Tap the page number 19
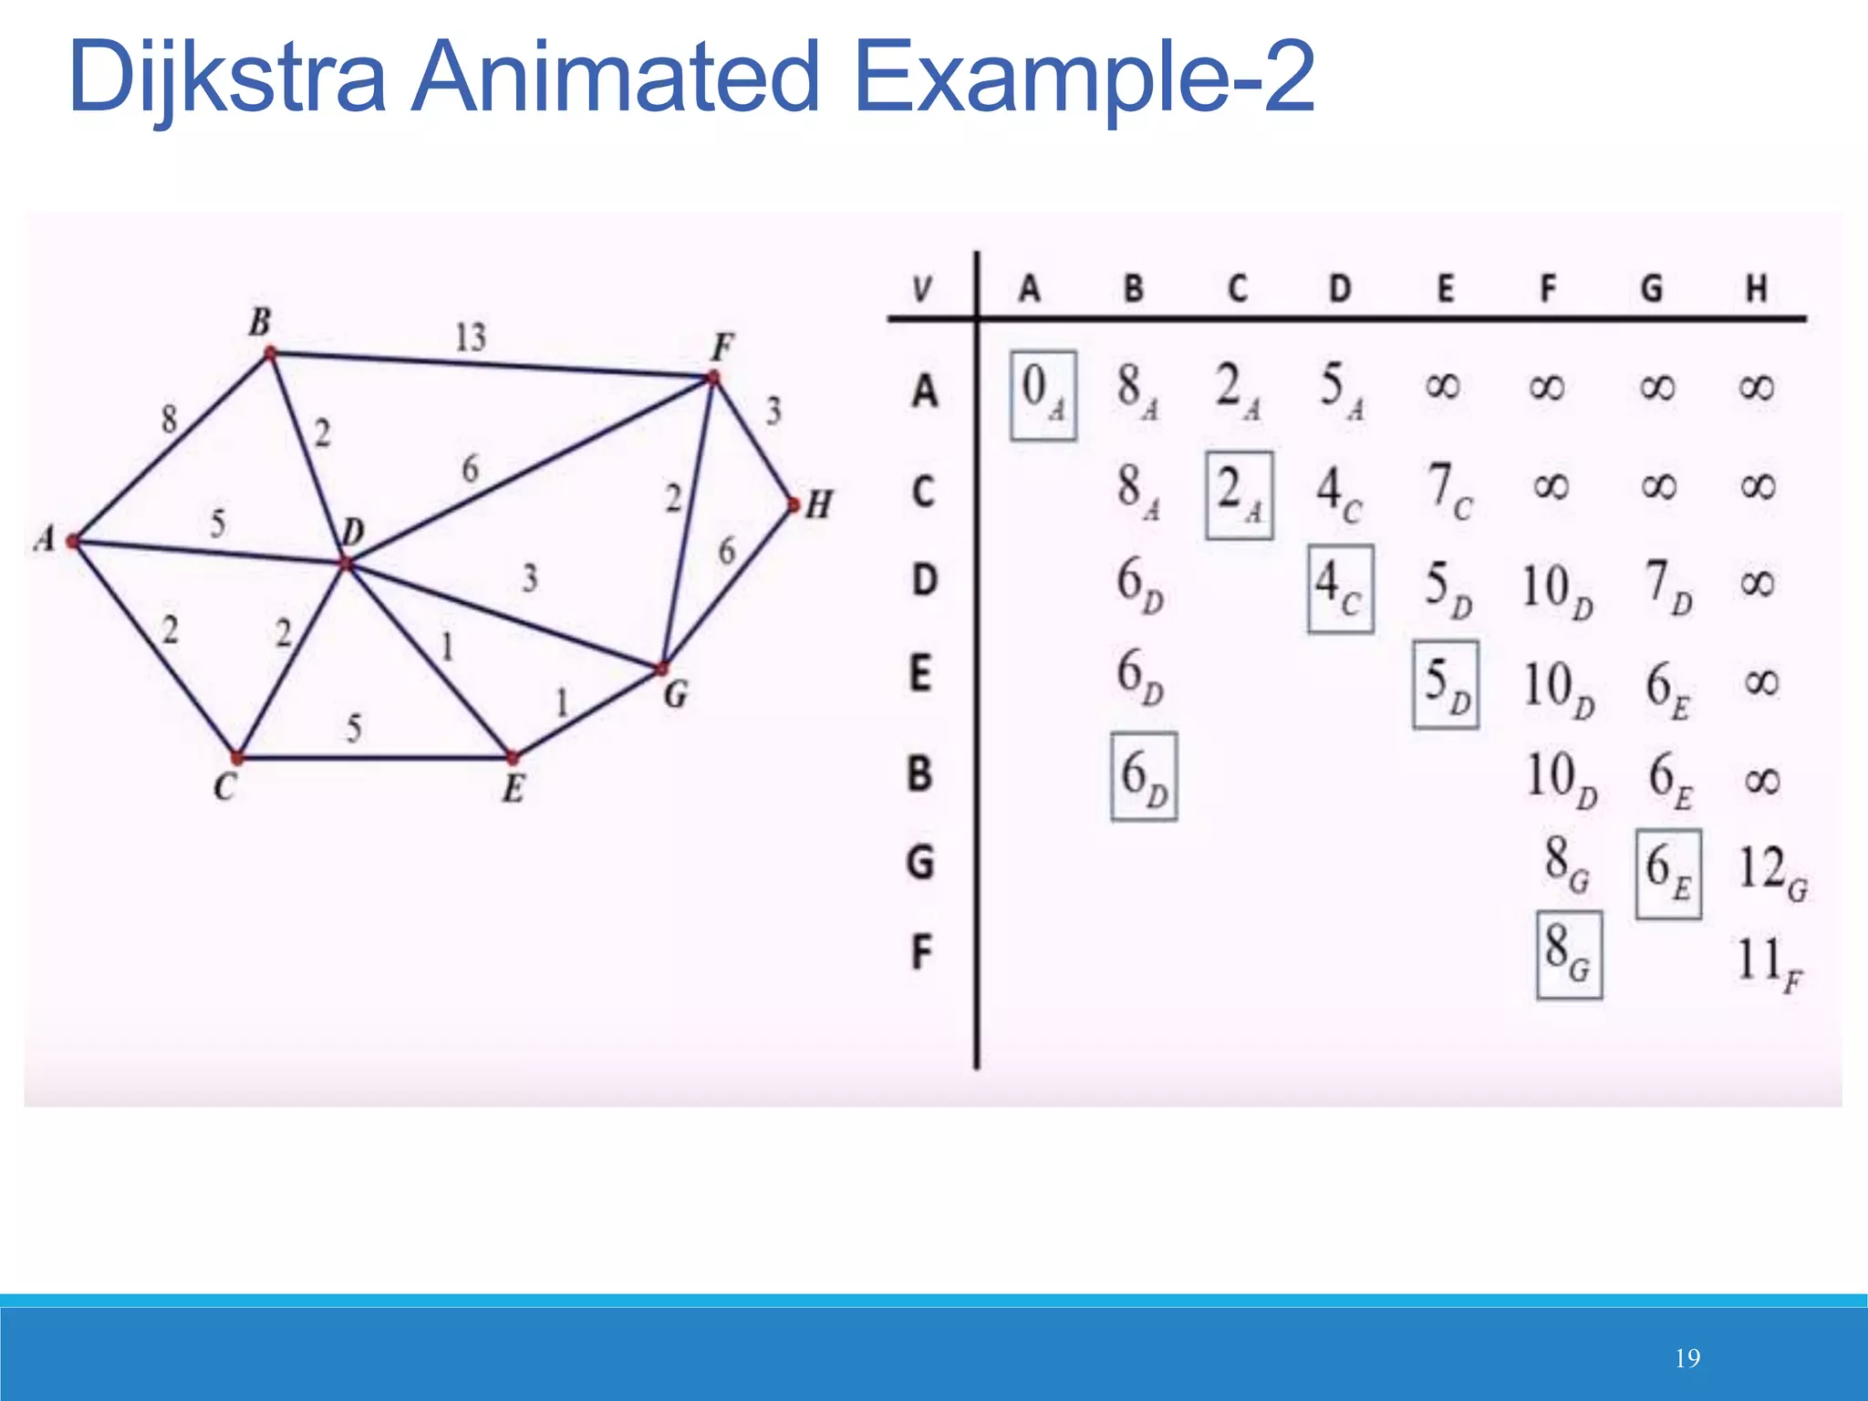(x=1687, y=1359)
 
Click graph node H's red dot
(x=793, y=504)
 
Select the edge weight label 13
(x=471, y=337)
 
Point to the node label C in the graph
(x=225, y=786)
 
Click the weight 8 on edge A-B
(x=169, y=420)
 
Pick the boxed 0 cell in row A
(x=1043, y=395)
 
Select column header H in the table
(x=1756, y=289)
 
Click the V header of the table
(x=922, y=290)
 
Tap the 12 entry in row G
(x=1770, y=870)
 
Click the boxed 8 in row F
(x=1568, y=954)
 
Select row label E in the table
(x=920, y=675)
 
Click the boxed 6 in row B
(x=1143, y=776)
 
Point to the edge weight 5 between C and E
(x=354, y=728)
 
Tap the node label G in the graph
(x=675, y=696)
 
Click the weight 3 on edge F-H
(x=773, y=410)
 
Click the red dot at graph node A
(x=74, y=542)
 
